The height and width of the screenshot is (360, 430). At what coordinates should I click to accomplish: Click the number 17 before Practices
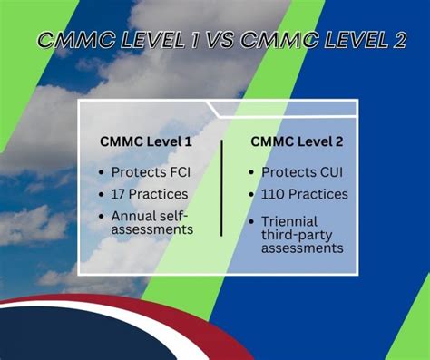(x=120, y=193)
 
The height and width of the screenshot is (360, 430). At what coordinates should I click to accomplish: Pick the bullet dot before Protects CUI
(x=253, y=172)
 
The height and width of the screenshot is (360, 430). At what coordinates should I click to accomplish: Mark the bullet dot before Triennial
(x=253, y=220)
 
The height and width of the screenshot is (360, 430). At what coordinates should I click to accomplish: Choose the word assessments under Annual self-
(x=152, y=229)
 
